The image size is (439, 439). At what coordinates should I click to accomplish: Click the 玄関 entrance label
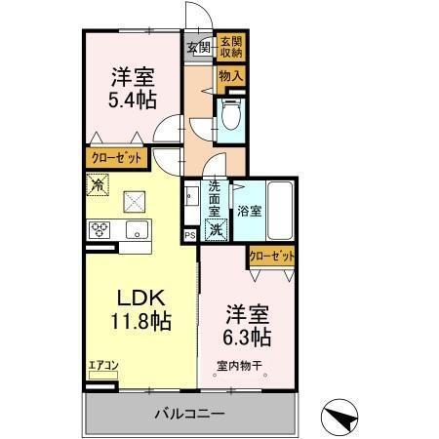(198, 46)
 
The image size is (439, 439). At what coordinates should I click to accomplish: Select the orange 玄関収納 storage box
(231, 46)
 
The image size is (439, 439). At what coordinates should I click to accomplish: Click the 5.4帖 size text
(127, 99)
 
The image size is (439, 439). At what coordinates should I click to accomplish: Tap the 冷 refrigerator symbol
(100, 182)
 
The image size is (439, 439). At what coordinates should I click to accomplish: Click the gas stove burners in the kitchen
(100, 230)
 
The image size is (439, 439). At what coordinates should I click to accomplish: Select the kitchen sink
(136, 230)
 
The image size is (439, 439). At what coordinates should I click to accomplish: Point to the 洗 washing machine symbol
(217, 230)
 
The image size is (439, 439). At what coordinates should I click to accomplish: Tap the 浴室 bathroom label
(248, 209)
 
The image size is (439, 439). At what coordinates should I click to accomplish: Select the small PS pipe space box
(190, 236)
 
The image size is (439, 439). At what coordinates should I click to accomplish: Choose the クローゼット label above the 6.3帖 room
(271, 256)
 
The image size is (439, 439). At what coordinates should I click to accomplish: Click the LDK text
(132, 298)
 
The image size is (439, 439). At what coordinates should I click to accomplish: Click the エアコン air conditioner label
(103, 367)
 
